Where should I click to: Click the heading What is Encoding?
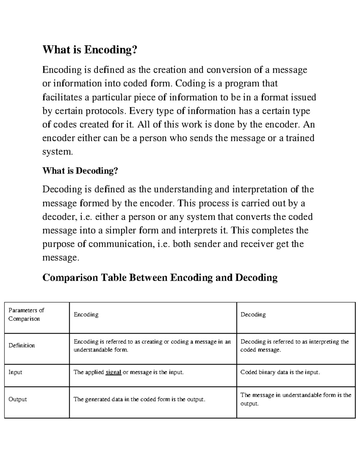pyautogui.click(x=89, y=50)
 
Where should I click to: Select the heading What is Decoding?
pyautogui.click(x=80, y=171)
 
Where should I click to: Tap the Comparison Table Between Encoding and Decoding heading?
pyautogui.click(x=160, y=277)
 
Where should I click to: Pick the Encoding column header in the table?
pyautogui.click(x=86, y=314)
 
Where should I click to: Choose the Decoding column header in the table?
pyautogui.click(x=253, y=314)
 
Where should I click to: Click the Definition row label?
pyautogui.click(x=22, y=345)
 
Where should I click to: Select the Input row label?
pyautogui.click(x=15, y=372)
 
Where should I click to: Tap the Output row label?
pyautogui.click(x=18, y=399)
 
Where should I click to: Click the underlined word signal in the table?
pyautogui.click(x=113, y=372)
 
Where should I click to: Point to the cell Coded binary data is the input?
pyautogui.click(x=280, y=372)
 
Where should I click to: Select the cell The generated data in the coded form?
pyautogui.click(x=139, y=399)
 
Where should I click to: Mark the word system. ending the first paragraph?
pyautogui.click(x=58, y=152)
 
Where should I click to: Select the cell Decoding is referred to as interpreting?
pyautogui.click(x=295, y=346)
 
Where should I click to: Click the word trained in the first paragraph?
pyautogui.click(x=300, y=138)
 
